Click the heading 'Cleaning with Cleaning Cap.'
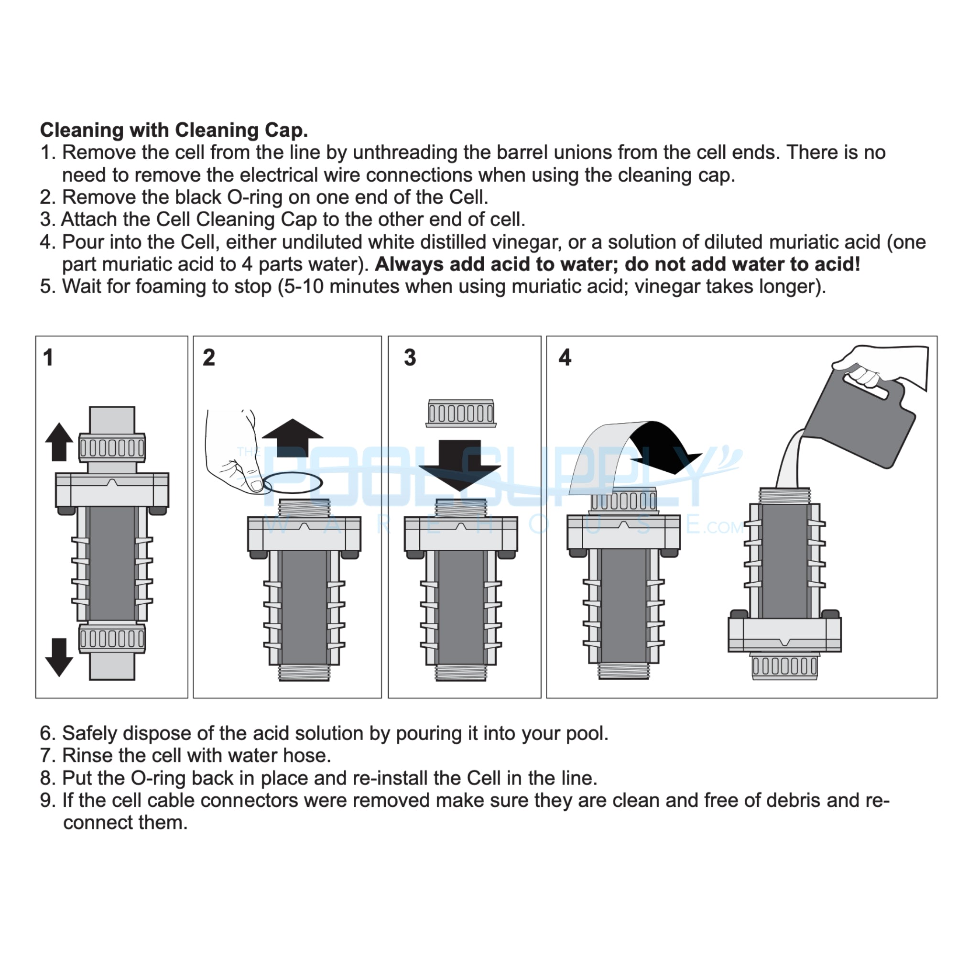(x=174, y=130)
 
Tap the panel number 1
(x=48, y=357)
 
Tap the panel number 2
(x=209, y=357)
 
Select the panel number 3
(x=410, y=357)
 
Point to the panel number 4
(x=565, y=357)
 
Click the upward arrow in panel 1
(x=59, y=441)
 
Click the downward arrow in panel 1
(x=59, y=657)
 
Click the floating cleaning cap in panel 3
(x=461, y=413)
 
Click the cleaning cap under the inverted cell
(x=784, y=666)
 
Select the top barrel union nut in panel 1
(x=112, y=447)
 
